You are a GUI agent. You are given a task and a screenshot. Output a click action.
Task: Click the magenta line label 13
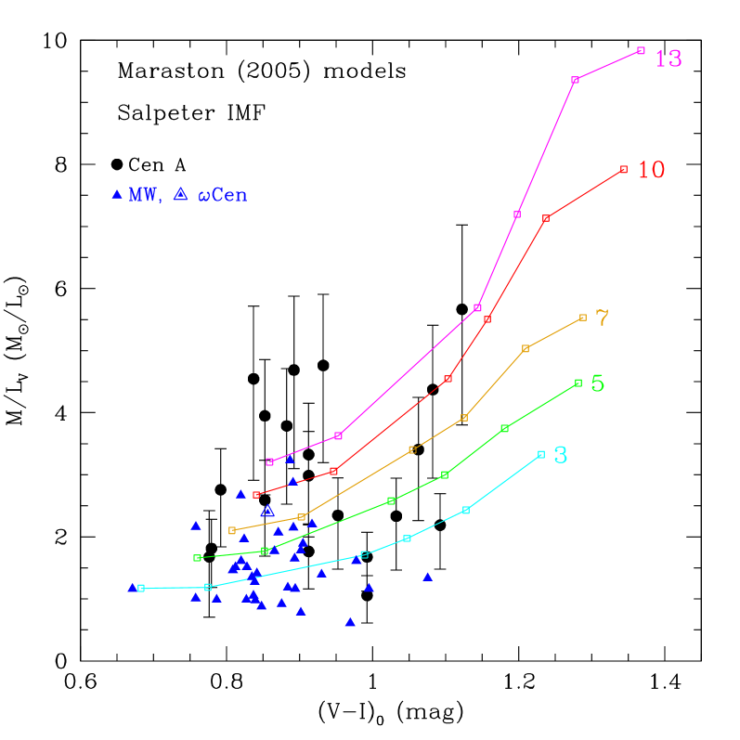[669, 59]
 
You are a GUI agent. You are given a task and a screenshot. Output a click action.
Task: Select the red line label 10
[652, 171]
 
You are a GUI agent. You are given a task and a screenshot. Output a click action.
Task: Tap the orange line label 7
[603, 318]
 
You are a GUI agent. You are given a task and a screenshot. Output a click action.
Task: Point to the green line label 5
[598, 383]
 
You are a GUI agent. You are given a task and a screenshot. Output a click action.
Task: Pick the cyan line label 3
[561, 455]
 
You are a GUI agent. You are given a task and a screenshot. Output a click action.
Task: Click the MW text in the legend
[144, 195]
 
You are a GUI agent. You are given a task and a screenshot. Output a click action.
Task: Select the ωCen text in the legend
[223, 195]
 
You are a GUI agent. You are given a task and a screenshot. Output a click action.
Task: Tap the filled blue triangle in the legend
[117, 194]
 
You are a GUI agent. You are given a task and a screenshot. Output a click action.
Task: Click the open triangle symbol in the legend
[181, 193]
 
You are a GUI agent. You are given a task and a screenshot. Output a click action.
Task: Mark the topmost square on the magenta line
[641, 50]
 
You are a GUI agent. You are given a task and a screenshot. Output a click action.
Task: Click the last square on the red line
[624, 170]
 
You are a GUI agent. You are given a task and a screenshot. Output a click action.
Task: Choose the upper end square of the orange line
[583, 318]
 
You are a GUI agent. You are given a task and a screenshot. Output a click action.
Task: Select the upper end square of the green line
[578, 383]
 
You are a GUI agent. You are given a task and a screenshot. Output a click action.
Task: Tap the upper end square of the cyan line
[541, 455]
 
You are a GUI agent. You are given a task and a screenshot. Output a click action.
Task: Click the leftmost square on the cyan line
[141, 588]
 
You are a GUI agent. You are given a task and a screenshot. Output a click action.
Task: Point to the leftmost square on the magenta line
[269, 461]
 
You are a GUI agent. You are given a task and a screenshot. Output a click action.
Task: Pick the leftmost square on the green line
[197, 558]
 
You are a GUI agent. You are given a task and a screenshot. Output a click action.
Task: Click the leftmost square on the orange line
[232, 530]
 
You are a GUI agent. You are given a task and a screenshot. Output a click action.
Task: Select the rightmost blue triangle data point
[427, 577]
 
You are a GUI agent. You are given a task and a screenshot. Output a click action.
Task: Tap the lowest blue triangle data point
[350, 622]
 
